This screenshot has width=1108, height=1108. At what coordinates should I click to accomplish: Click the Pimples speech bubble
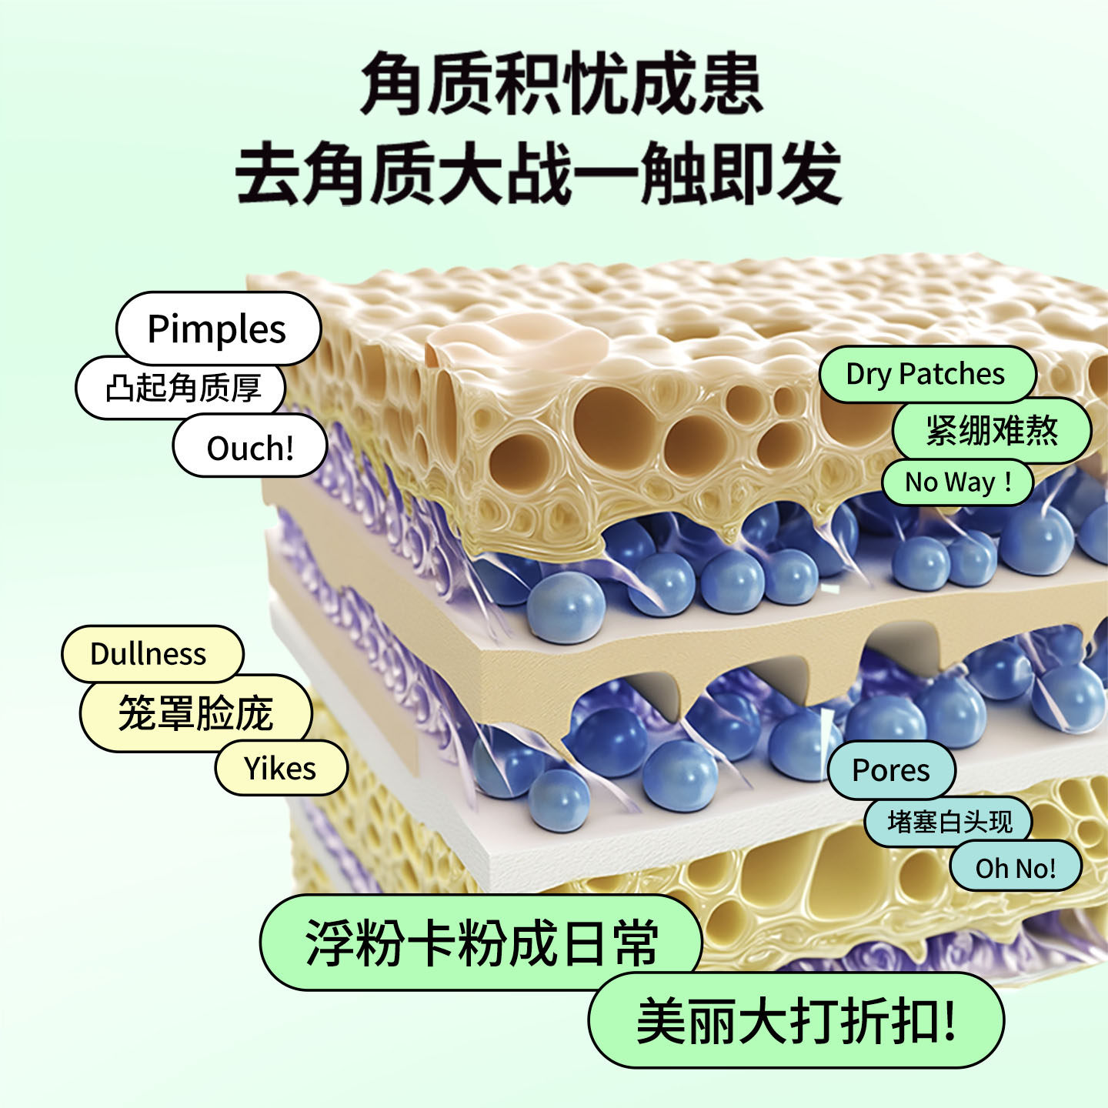click(218, 329)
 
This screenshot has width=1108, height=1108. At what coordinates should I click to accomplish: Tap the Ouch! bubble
click(250, 447)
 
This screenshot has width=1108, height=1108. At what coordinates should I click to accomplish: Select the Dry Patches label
click(926, 374)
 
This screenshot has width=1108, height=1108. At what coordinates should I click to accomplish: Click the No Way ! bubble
click(957, 482)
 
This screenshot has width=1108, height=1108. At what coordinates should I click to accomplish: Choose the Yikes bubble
click(281, 768)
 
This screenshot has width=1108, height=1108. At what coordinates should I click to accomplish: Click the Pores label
click(891, 770)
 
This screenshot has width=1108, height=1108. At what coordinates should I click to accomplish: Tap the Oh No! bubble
click(1016, 868)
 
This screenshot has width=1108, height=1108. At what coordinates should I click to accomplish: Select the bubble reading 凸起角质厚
click(182, 388)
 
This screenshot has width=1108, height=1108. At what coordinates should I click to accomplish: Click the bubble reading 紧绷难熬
click(992, 430)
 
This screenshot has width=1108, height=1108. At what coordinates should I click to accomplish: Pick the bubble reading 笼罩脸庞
click(195, 713)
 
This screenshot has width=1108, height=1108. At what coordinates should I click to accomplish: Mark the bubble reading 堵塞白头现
click(949, 822)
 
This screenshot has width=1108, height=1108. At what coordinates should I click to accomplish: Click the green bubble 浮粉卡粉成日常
click(482, 943)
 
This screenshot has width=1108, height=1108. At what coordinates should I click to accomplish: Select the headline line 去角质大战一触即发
click(539, 173)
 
